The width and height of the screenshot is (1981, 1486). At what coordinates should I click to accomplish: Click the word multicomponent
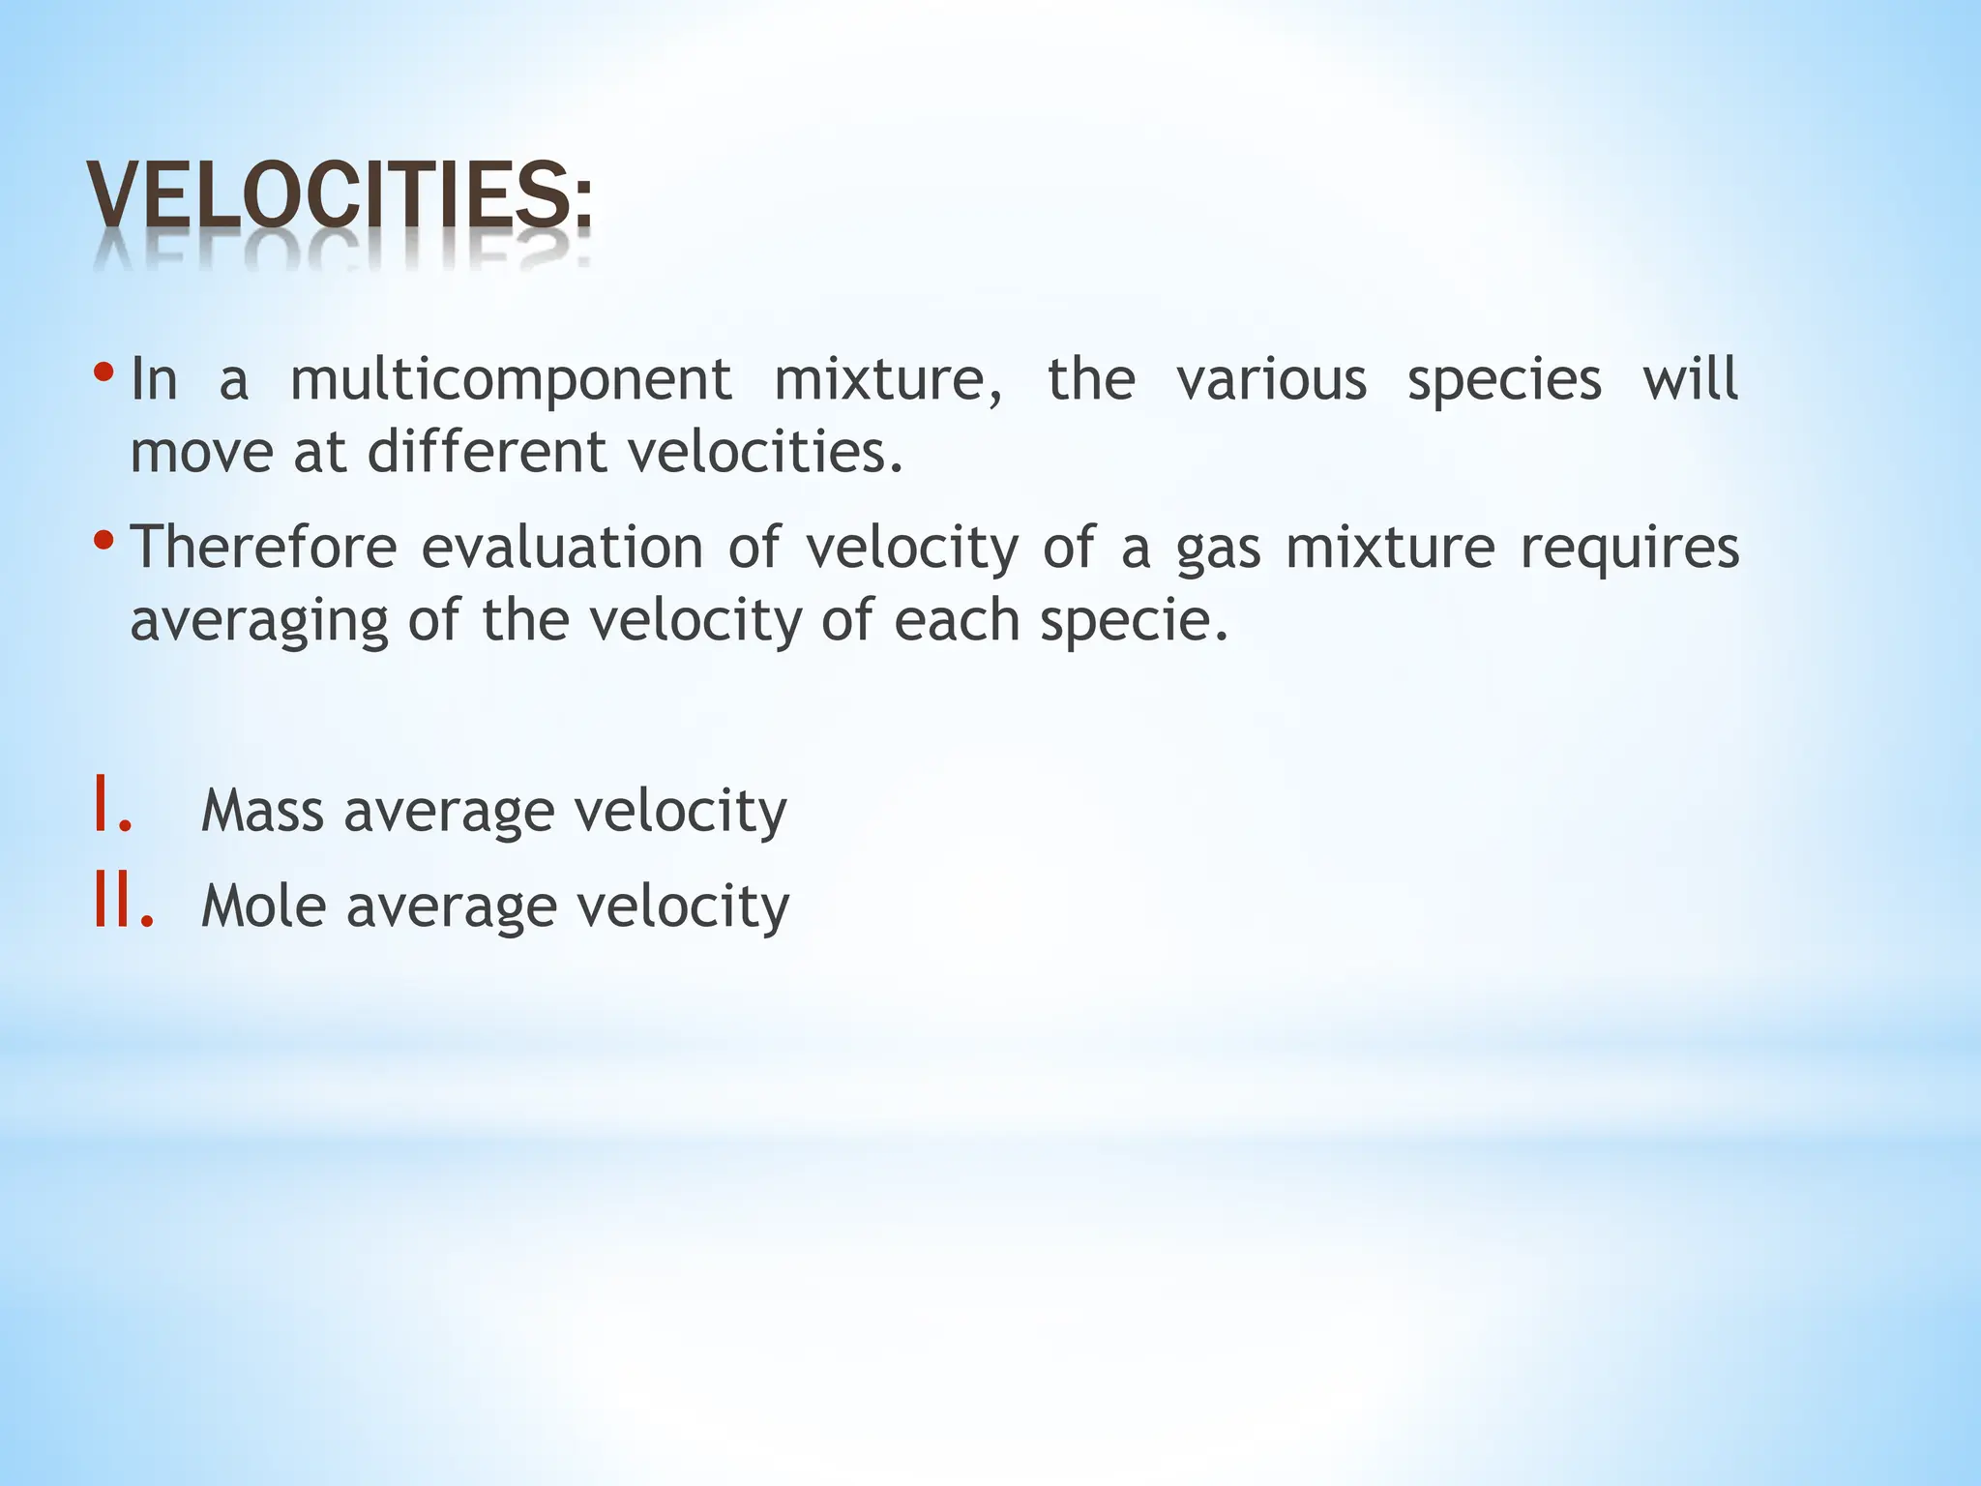click(511, 380)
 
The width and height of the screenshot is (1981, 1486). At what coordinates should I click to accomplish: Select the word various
click(1271, 378)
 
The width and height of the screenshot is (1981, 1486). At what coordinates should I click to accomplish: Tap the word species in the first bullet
click(1504, 380)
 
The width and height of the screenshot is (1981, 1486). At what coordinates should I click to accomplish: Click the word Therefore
click(263, 547)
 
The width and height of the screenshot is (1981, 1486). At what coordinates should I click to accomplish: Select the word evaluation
click(562, 547)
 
